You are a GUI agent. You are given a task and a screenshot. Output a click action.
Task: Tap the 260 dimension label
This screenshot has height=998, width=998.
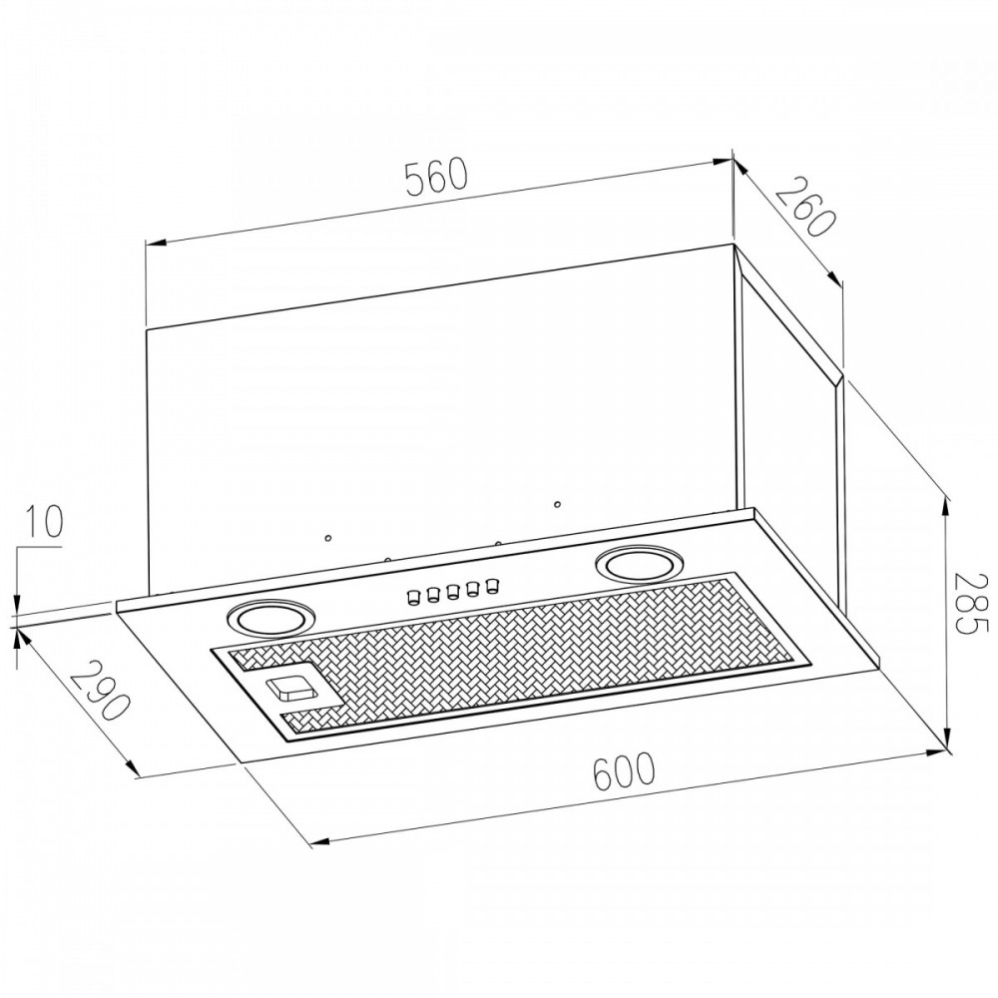pos(804,207)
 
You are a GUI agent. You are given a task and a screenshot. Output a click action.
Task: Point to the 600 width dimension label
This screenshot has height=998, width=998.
pos(623,770)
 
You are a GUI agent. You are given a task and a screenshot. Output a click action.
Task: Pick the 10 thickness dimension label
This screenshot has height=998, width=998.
pos(44,521)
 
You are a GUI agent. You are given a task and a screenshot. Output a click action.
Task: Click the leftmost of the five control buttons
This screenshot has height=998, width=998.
pos(412,597)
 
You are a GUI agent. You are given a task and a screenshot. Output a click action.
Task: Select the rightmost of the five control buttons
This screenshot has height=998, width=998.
pos(491,585)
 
